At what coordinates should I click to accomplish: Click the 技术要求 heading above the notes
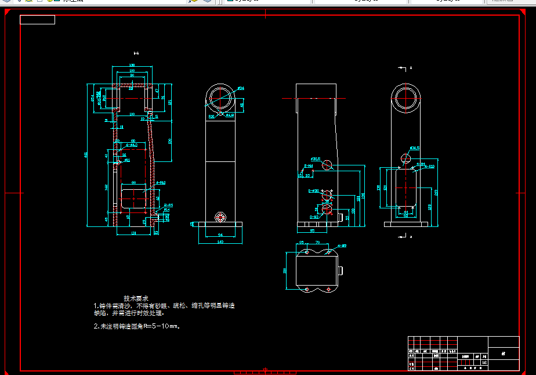click(x=136, y=298)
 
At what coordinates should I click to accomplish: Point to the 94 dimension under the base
click(x=220, y=234)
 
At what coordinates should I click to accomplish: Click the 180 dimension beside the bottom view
click(x=285, y=271)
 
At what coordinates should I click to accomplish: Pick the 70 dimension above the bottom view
click(x=317, y=242)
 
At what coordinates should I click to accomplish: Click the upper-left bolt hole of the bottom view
click(x=306, y=253)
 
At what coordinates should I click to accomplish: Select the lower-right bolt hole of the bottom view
click(x=328, y=289)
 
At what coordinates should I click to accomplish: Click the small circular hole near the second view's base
click(x=220, y=217)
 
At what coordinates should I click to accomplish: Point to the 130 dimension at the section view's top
click(x=132, y=65)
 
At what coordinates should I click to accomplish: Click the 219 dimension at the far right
click(x=436, y=192)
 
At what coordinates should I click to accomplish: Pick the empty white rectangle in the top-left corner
click(x=37, y=20)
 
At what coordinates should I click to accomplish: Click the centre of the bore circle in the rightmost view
click(x=406, y=98)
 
